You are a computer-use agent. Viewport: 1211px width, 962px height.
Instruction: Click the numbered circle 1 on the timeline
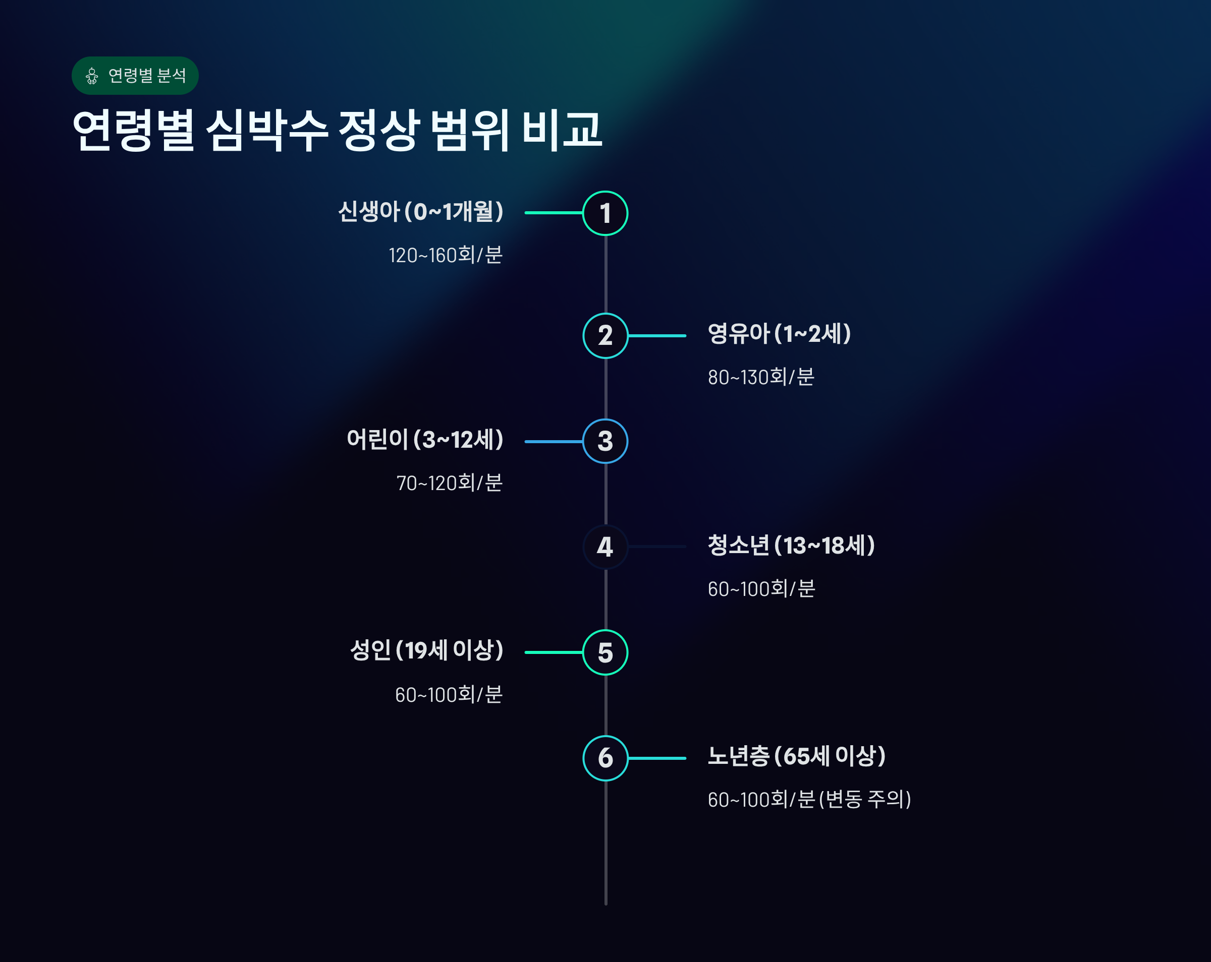605,213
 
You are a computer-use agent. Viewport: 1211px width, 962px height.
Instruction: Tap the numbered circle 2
605,336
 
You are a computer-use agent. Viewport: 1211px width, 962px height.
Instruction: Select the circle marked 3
605,441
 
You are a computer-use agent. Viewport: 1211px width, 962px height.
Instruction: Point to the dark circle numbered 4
605,547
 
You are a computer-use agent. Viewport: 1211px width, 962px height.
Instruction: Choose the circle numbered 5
605,652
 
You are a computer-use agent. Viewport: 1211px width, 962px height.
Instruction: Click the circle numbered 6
605,758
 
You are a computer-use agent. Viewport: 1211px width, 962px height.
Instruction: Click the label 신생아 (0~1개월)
420,212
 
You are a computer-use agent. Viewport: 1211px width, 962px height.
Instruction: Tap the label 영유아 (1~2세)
779,334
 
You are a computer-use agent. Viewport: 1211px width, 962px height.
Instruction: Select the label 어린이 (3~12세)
425,440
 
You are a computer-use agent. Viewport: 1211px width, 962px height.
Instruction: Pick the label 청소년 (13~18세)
791,545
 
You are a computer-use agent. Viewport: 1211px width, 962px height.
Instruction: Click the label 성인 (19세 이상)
426,650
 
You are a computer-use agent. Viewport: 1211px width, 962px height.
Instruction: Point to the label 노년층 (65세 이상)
796,756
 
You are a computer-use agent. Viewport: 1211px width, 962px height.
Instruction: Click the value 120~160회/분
446,255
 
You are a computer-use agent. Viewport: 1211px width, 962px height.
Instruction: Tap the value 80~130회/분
761,377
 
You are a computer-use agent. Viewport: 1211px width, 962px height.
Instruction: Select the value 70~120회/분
450,483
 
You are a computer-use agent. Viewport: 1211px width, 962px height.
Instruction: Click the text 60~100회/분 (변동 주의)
809,800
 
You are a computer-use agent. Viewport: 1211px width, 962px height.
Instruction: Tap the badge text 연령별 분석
147,76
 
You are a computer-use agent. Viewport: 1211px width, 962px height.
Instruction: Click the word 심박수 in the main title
267,130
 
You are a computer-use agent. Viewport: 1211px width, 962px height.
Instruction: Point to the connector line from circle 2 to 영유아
657,336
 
